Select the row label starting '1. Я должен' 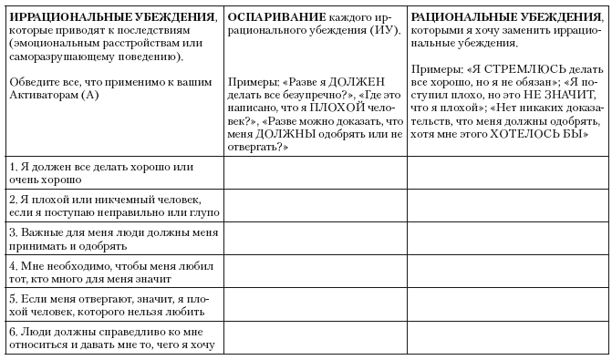coord(99,173)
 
